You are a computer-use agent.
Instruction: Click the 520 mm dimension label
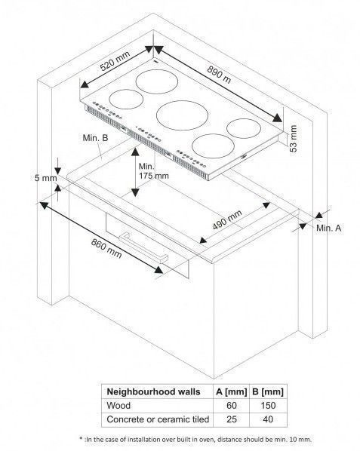pyautogui.click(x=115, y=61)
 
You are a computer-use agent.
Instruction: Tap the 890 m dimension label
pyautogui.click(x=220, y=74)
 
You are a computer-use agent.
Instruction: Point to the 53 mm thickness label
pyautogui.click(x=293, y=139)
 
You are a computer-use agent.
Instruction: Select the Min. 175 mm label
pyautogui.click(x=153, y=171)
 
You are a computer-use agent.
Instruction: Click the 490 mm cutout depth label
pyautogui.click(x=227, y=219)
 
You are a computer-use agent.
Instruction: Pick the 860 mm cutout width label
pyautogui.click(x=106, y=249)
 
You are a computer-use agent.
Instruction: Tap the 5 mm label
pyautogui.click(x=45, y=178)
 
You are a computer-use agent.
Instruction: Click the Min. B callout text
pyautogui.click(x=95, y=138)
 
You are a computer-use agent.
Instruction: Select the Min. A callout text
pyautogui.click(x=328, y=228)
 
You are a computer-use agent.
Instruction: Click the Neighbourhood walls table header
pyautogui.click(x=153, y=391)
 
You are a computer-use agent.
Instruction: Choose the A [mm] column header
pyautogui.click(x=232, y=391)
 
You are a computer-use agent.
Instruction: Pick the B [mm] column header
pyautogui.click(x=268, y=391)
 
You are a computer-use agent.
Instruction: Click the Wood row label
pyautogui.click(x=118, y=406)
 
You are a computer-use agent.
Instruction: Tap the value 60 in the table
pyautogui.click(x=232, y=406)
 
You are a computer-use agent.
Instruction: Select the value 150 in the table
pyautogui.click(x=268, y=406)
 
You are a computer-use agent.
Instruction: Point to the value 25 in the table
pyautogui.click(x=232, y=419)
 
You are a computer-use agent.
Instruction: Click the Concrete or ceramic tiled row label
pyautogui.click(x=158, y=419)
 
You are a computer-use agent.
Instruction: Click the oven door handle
pyautogui.click(x=143, y=247)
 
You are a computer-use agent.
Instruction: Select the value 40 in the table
pyautogui.click(x=268, y=419)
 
